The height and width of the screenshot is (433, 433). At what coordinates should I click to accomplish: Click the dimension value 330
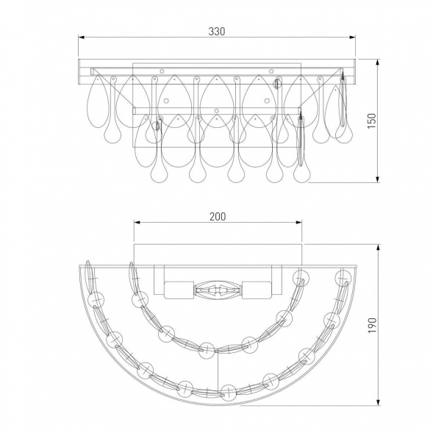(216, 32)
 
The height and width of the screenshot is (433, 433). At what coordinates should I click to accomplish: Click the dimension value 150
(372, 121)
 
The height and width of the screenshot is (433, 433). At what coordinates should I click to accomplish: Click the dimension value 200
(218, 216)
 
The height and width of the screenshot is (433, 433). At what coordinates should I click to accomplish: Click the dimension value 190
(372, 325)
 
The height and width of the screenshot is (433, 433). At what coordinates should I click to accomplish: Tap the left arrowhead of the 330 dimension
(81, 37)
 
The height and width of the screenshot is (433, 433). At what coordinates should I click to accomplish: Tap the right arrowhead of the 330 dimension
(352, 37)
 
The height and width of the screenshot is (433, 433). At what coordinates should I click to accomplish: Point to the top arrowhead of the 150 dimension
(378, 62)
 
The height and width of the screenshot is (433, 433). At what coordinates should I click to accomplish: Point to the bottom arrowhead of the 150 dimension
(378, 179)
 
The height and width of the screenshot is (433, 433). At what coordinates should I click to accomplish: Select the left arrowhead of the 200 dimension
(137, 223)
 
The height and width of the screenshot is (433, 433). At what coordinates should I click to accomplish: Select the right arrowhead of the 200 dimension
(298, 223)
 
